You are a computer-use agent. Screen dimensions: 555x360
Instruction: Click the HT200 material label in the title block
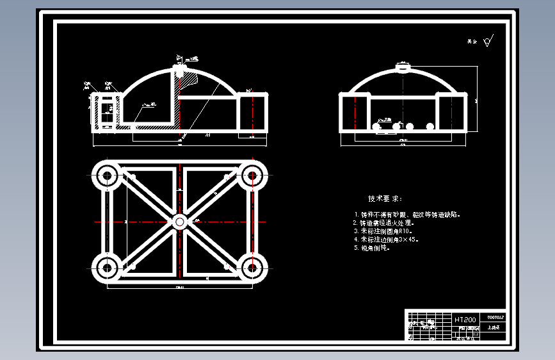pos(465,319)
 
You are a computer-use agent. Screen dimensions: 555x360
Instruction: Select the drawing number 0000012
pos(496,317)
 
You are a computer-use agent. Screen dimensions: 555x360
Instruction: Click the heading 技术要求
pos(385,199)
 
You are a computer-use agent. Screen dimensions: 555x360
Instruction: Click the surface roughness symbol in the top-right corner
pos(488,41)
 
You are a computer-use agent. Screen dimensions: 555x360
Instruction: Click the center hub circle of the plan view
pos(179,222)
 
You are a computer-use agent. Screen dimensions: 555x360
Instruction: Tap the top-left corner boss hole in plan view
pos(106,174)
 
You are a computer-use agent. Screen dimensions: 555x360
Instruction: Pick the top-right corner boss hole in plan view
pos(252,174)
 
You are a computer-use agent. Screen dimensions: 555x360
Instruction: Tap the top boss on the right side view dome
pos(403,66)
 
